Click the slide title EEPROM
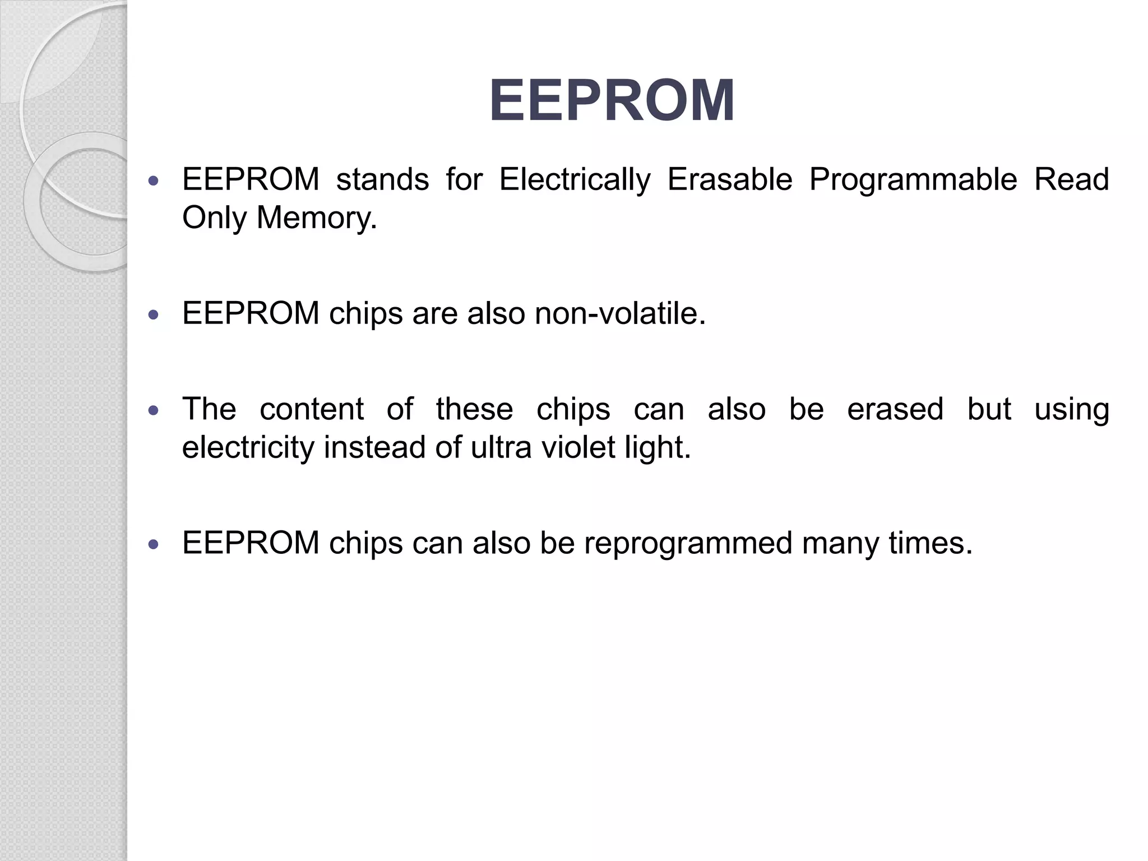(612, 101)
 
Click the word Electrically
(575, 180)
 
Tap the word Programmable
(913, 180)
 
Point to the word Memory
(316, 217)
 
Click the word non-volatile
(620, 313)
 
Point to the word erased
(895, 409)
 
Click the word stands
(382, 180)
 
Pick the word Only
(214, 217)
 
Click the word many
(840, 543)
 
